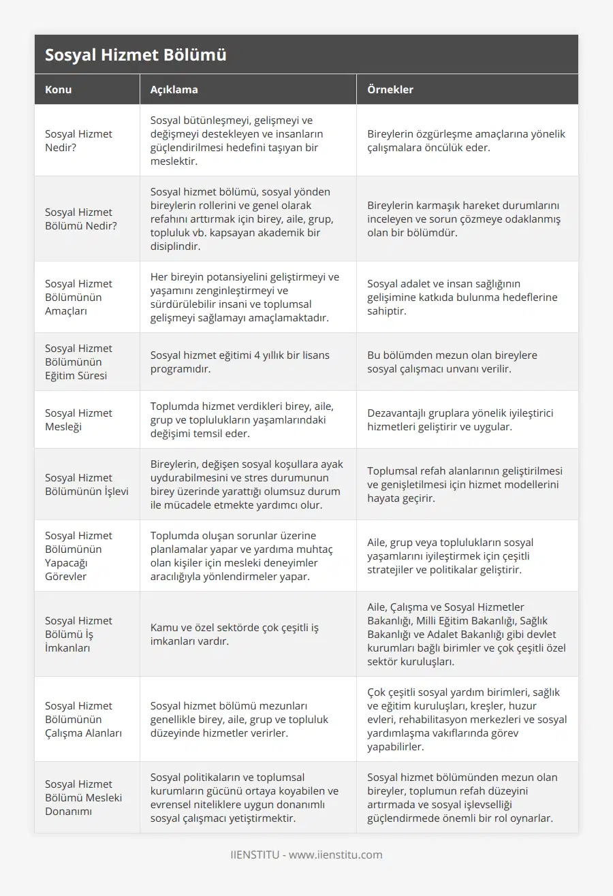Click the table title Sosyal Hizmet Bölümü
coord(136,55)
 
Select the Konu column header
coord(59,89)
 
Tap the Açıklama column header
coord(174,89)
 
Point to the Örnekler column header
coord(390,89)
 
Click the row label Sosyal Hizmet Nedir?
coord(78,140)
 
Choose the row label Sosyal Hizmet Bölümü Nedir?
coord(80,219)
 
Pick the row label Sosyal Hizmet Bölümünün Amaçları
coord(78,297)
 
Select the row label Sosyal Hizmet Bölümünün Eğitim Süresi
coord(78,362)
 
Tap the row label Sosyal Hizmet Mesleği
coord(78,419)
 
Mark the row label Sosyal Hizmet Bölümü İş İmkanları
coord(78,634)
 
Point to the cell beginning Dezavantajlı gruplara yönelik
coord(449,419)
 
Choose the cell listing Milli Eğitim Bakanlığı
coord(467,634)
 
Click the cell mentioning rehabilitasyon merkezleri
coord(467,719)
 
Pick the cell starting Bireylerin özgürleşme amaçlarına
coord(467,140)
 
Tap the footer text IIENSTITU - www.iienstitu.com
coord(306,854)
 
